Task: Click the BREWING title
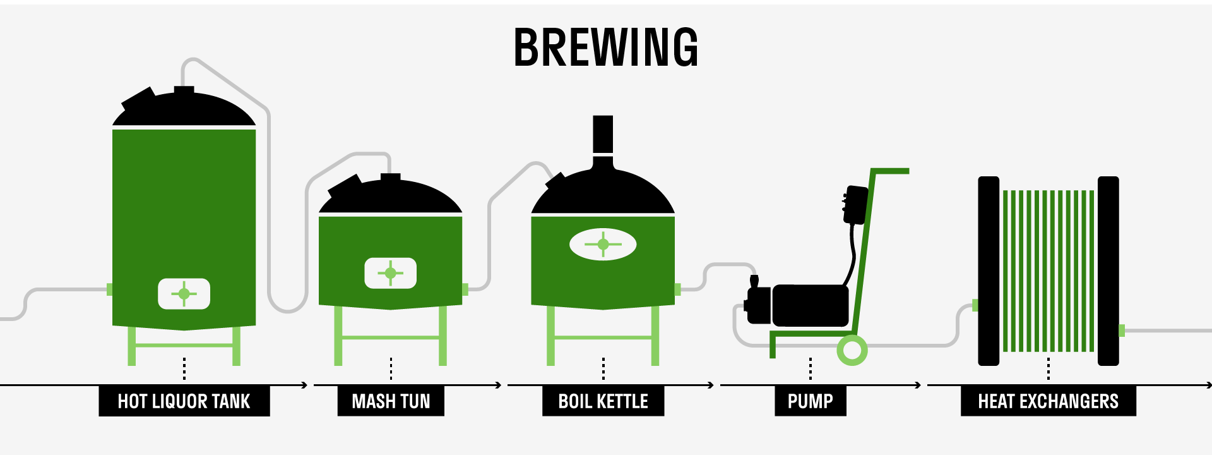click(606, 47)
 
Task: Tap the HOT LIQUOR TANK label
click(184, 401)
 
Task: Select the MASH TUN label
click(391, 401)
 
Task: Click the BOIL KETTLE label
click(603, 401)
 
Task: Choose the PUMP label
click(810, 401)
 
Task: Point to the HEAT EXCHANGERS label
click(1048, 401)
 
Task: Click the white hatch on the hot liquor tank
click(184, 294)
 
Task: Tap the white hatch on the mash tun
click(391, 273)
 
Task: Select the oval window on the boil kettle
click(603, 244)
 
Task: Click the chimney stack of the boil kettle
click(603, 134)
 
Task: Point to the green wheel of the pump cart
click(852, 349)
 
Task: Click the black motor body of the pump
click(811, 305)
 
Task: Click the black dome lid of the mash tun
click(391, 197)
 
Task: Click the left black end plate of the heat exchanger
click(989, 270)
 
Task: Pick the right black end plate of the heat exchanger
click(1108, 270)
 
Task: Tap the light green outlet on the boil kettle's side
click(677, 289)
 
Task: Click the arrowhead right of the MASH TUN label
click(499, 385)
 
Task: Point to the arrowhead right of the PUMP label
click(918, 385)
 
